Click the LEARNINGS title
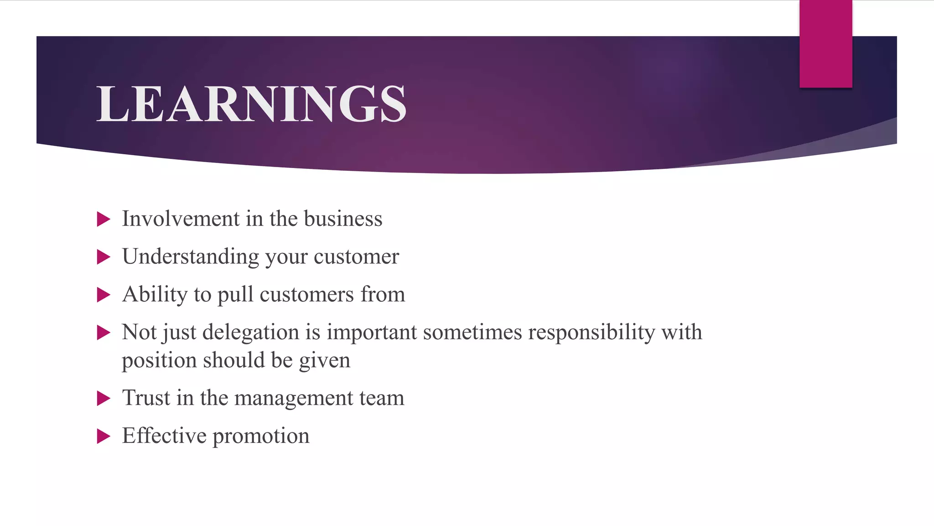point(251,104)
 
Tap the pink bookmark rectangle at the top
point(825,44)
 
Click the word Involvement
point(181,219)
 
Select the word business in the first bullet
point(343,219)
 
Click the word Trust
point(145,398)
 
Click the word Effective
point(164,436)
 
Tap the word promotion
point(261,437)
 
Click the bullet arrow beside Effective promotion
point(104,437)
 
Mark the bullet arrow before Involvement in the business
point(104,220)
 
